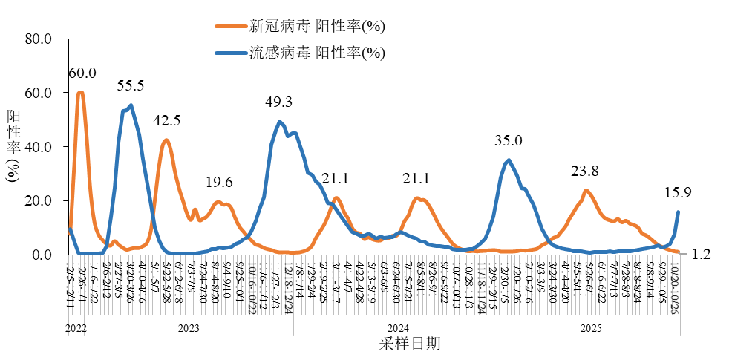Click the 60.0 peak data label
tap(82, 73)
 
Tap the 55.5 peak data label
tap(131, 85)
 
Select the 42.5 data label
tap(167, 120)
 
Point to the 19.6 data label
tap(219, 183)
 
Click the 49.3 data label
tap(278, 102)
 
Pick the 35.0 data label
tap(509, 140)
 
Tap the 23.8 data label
tap(585, 171)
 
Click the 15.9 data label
tap(679, 193)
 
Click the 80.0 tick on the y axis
tap(37, 39)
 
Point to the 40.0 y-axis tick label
tap(37, 147)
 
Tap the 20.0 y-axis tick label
tap(37, 201)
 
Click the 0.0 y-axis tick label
tap(42, 255)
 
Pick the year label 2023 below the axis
tap(188, 327)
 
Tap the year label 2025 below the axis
tap(590, 327)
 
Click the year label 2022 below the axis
tap(76, 327)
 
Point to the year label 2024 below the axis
tap(398, 327)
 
